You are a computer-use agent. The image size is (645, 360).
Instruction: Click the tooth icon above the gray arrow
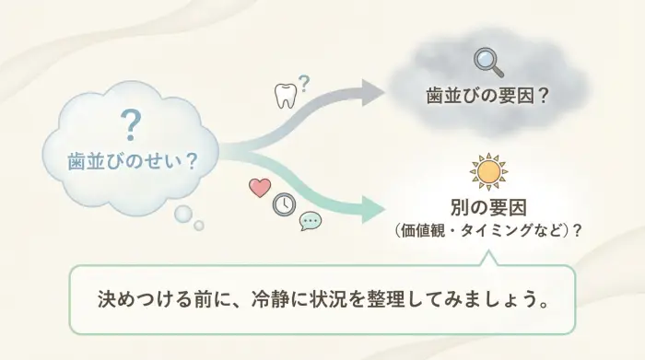[x=286, y=97]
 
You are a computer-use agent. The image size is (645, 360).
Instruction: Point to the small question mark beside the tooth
[x=304, y=84]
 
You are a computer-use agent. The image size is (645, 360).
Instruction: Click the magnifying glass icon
[x=487, y=62]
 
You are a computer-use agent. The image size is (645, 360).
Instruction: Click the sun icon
[x=488, y=171]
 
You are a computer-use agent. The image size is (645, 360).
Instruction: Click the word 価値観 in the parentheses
[x=423, y=230]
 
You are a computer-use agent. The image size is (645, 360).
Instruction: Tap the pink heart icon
[x=260, y=187]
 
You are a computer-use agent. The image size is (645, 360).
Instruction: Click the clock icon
[x=284, y=203]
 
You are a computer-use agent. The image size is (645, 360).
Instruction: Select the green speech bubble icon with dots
[x=311, y=220]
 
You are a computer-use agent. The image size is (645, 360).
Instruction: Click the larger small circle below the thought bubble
[x=183, y=215]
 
